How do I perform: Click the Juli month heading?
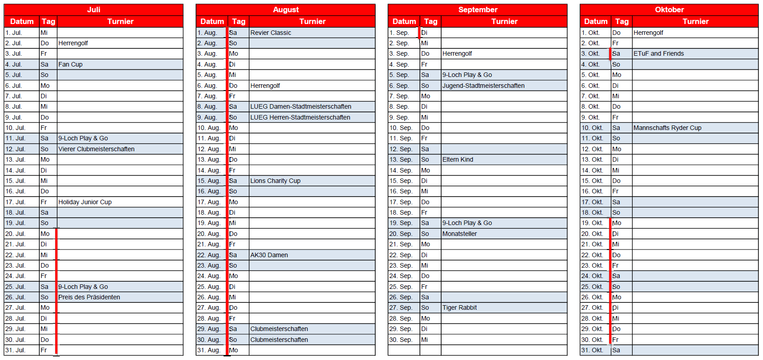click(x=94, y=10)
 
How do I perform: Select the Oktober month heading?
click(x=669, y=10)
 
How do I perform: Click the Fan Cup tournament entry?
click(x=71, y=64)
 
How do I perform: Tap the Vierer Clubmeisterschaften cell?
click(x=96, y=149)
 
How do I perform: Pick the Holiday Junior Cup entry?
click(x=85, y=202)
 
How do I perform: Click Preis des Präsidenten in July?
click(x=89, y=297)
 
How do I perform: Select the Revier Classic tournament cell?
click(x=271, y=33)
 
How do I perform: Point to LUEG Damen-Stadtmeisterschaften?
click(x=300, y=106)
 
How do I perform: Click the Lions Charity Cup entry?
click(x=275, y=181)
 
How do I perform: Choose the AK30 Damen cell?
click(x=269, y=255)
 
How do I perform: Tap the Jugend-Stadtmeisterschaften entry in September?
click(x=483, y=86)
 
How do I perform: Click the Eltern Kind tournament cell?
click(x=458, y=159)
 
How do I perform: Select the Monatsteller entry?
click(x=459, y=234)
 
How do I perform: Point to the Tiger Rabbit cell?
click(x=459, y=307)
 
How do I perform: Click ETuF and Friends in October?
click(x=658, y=53)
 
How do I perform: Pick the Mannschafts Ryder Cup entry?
click(x=667, y=128)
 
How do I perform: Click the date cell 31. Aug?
click(x=209, y=350)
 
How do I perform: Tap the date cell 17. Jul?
click(x=15, y=202)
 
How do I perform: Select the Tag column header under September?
click(x=430, y=21)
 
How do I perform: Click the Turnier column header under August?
click(x=312, y=21)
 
